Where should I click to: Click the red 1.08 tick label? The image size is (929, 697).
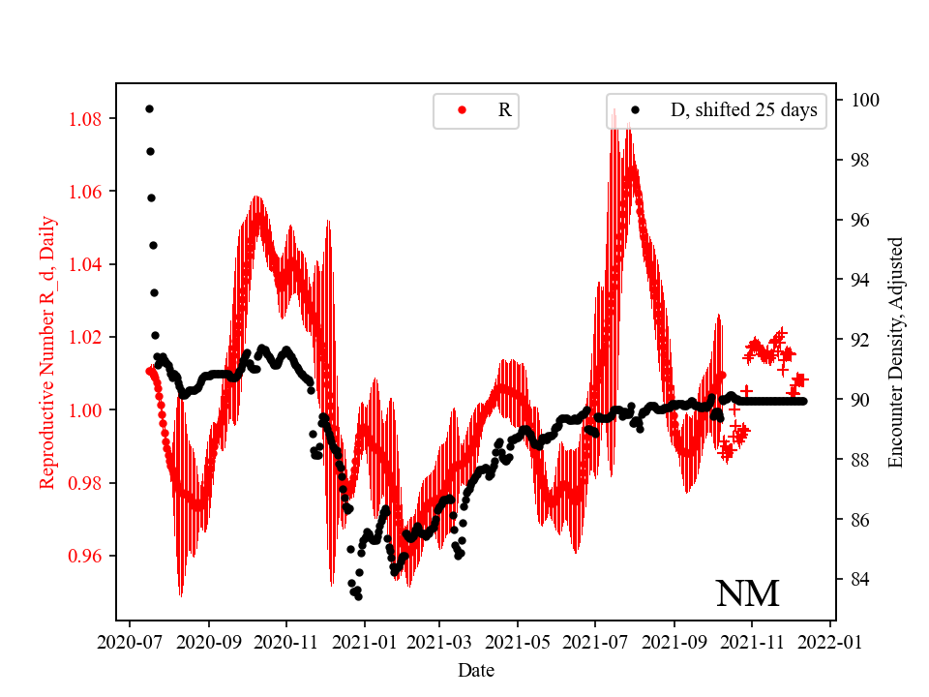(87, 119)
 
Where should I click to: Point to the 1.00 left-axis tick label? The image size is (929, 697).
(87, 410)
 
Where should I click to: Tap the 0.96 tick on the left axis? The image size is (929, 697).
(87, 556)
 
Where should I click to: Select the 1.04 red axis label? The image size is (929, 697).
(87, 264)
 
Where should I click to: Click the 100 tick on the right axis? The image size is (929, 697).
(864, 100)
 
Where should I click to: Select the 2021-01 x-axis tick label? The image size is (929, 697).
(364, 642)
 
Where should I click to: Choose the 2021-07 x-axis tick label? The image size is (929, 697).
(594, 642)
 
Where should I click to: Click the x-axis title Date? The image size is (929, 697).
(476, 669)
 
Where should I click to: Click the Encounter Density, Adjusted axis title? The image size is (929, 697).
(895, 351)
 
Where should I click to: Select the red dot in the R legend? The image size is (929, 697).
(462, 110)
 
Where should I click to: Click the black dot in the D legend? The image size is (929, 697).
(635, 110)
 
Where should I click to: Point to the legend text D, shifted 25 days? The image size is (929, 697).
(743, 110)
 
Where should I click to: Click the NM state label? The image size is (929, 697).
(747, 593)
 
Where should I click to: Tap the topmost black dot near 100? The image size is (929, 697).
(149, 108)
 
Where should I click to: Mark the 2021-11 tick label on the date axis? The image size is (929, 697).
(752, 642)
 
